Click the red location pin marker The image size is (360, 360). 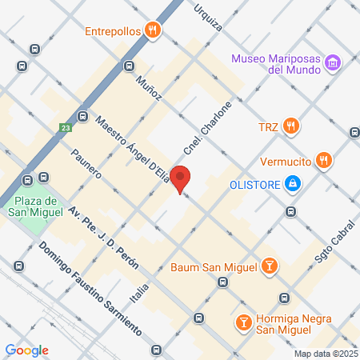181,179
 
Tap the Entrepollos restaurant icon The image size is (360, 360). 153,30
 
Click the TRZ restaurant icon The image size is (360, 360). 292,126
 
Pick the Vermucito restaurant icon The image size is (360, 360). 323,160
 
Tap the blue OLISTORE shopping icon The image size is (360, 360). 294,185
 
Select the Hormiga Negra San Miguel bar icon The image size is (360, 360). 242,322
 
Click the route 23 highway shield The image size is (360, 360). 65,127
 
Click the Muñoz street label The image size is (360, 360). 149,86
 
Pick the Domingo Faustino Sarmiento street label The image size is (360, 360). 79,288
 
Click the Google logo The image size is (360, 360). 26,350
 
